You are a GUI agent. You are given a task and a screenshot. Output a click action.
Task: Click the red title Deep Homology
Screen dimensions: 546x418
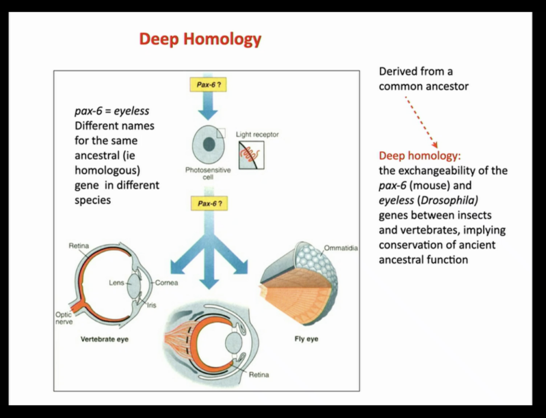click(x=200, y=39)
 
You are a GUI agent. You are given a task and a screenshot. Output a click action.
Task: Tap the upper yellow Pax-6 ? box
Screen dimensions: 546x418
click(x=208, y=85)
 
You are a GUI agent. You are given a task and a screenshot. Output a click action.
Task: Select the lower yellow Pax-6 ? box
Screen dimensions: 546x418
click(x=209, y=204)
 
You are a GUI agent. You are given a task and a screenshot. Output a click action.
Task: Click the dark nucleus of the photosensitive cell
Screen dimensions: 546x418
click(x=209, y=144)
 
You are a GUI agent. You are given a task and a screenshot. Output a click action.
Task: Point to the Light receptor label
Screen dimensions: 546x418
click(x=257, y=134)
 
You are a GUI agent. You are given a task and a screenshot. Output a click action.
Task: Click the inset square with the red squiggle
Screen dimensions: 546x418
click(x=251, y=155)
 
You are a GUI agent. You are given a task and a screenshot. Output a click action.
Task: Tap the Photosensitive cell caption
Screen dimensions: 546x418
click(x=208, y=173)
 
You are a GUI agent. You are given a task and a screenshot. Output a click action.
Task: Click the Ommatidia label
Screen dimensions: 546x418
click(x=341, y=248)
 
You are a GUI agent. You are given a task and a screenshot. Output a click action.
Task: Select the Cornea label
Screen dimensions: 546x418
click(x=167, y=283)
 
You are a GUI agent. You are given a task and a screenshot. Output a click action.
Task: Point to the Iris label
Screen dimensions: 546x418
click(x=151, y=305)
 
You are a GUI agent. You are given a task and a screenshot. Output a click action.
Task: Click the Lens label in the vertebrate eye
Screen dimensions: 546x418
click(x=116, y=283)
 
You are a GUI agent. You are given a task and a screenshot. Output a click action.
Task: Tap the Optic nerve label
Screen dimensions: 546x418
click(x=64, y=318)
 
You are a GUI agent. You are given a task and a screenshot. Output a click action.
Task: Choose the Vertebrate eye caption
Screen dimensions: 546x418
click(x=104, y=339)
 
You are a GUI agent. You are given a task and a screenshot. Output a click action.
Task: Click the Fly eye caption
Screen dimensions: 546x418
click(x=306, y=339)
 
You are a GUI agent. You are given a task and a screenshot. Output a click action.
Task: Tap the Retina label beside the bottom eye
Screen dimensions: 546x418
click(x=259, y=375)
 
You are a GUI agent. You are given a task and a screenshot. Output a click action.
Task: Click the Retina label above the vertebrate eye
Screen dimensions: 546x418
click(x=79, y=246)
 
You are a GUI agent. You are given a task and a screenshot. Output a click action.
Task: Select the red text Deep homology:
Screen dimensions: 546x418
click(x=420, y=156)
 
